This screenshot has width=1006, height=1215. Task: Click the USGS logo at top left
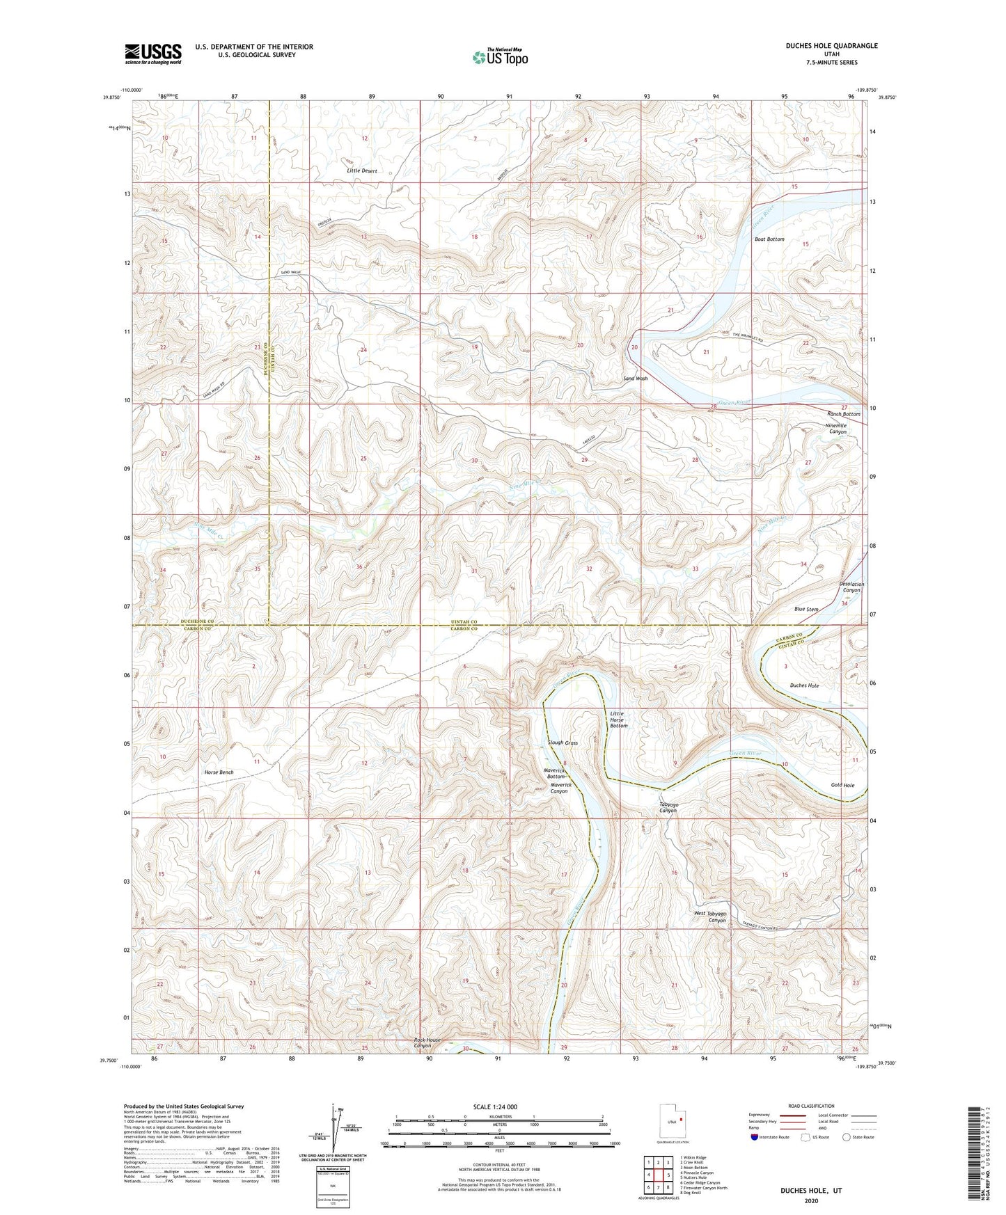[153, 54]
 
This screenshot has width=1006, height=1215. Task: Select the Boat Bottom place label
[769, 239]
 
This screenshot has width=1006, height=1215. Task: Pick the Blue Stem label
[806, 609]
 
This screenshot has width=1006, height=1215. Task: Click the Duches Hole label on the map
[804, 685]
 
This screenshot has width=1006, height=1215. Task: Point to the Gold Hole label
[842, 785]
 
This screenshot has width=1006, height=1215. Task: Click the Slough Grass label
[563, 742]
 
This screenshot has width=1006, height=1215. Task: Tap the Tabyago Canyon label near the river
[668, 807]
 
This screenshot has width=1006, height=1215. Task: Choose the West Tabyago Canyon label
[710, 916]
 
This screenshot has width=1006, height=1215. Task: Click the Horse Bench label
[219, 772]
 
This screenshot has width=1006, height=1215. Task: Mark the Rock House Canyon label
[427, 1042]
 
